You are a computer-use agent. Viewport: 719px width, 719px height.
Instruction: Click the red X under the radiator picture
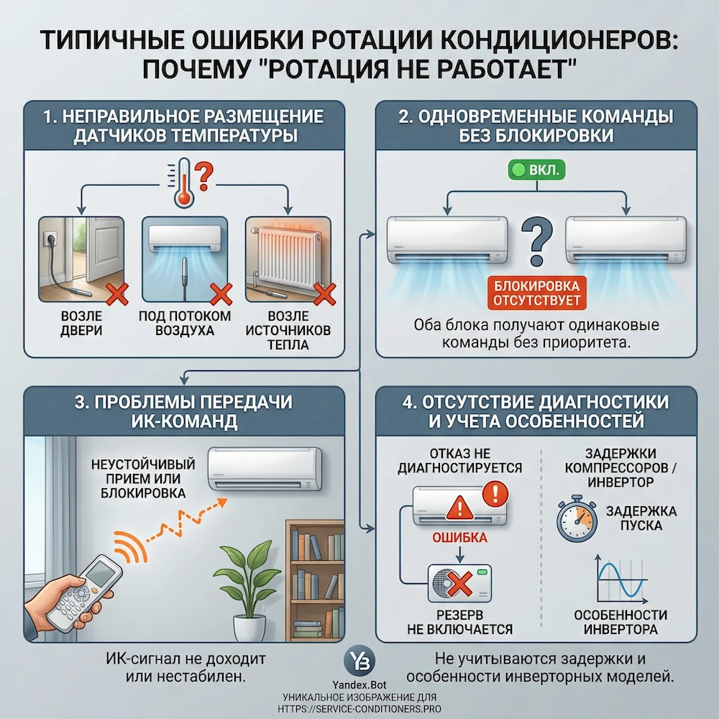tap(326, 293)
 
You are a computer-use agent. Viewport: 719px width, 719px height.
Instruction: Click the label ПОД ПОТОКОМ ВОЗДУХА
tap(184, 324)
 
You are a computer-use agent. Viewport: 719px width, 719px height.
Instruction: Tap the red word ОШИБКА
tap(459, 538)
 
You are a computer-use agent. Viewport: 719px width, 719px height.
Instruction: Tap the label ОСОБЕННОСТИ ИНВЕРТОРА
tap(620, 622)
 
